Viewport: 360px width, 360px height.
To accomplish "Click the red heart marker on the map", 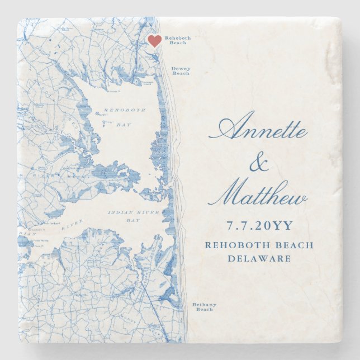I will [155, 41].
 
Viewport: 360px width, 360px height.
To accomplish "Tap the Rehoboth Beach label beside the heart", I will [177, 40].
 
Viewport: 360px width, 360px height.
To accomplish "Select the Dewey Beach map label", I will [181, 71].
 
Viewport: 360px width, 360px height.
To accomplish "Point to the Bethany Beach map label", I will [204, 307].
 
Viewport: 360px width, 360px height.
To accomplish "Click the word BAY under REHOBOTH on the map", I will [124, 124].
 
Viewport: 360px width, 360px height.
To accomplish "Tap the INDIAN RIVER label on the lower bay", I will [134, 213].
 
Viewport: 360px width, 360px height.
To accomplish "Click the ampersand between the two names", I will [258, 164].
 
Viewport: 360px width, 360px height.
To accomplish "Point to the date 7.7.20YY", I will [259, 226].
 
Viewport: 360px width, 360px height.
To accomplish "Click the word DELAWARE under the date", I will [259, 259].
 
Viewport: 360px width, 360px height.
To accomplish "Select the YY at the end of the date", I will [284, 226].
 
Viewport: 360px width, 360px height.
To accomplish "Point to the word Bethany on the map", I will [204, 304].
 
